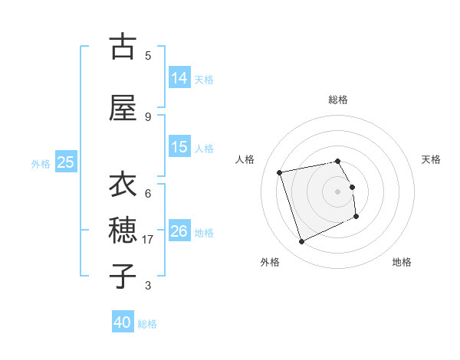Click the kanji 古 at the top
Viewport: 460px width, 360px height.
[123, 47]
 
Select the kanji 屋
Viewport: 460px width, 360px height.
[123, 108]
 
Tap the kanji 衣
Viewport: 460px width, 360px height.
[123, 185]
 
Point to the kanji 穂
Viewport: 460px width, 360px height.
[123, 229]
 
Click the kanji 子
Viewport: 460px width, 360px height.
[123, 274]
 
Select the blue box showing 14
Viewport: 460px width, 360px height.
[179, 78]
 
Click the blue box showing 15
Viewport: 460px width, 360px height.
[179, 147]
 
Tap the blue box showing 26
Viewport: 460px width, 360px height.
[179, 231]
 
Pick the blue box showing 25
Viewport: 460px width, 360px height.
[65, 162]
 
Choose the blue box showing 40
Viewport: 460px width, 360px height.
[123, 322]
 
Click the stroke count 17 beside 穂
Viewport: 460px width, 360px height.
[149, 240]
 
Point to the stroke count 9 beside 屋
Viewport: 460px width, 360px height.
[148, 117]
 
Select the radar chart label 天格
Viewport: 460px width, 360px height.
[432, 159]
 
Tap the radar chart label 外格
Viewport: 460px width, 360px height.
[270, 262]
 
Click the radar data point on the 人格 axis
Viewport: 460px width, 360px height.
[280, 172]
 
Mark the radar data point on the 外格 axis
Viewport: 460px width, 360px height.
[301, 242]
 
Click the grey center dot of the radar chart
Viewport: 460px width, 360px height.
[337, 191]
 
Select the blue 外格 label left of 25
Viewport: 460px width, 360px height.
[40, 163]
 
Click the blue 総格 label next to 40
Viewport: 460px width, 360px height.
[147, 323]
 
